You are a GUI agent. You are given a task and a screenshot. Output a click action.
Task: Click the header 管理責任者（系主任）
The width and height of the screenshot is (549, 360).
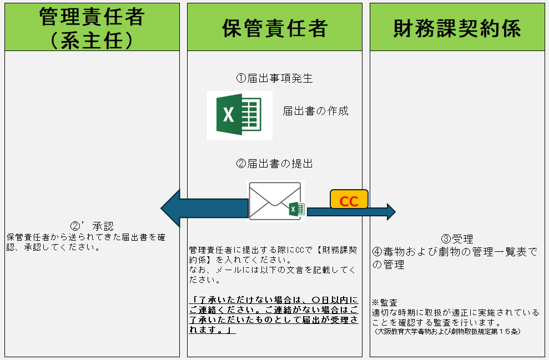point(92,28)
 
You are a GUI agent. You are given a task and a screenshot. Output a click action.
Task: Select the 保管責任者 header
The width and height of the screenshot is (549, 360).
point(274,28)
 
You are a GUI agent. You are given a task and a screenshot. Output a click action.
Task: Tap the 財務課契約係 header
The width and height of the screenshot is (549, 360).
point(457,28)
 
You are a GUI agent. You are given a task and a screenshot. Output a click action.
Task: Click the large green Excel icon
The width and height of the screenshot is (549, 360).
point(239,115)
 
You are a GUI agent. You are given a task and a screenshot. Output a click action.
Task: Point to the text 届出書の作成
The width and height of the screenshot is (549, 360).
point(315,111)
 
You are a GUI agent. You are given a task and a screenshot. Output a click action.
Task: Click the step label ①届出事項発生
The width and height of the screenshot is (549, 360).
point(274,78)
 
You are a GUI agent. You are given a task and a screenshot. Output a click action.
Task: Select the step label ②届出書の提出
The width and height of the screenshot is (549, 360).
point(274,164)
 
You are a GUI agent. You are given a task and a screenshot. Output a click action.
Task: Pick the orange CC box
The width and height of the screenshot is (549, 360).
point(349,200)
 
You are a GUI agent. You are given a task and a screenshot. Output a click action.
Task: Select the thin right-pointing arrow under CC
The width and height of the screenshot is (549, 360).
point(355,211)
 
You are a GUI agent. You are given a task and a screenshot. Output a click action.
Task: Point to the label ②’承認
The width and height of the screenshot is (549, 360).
point(92,226)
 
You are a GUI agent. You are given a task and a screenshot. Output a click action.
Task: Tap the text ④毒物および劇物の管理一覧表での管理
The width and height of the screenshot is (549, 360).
point(455,258)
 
